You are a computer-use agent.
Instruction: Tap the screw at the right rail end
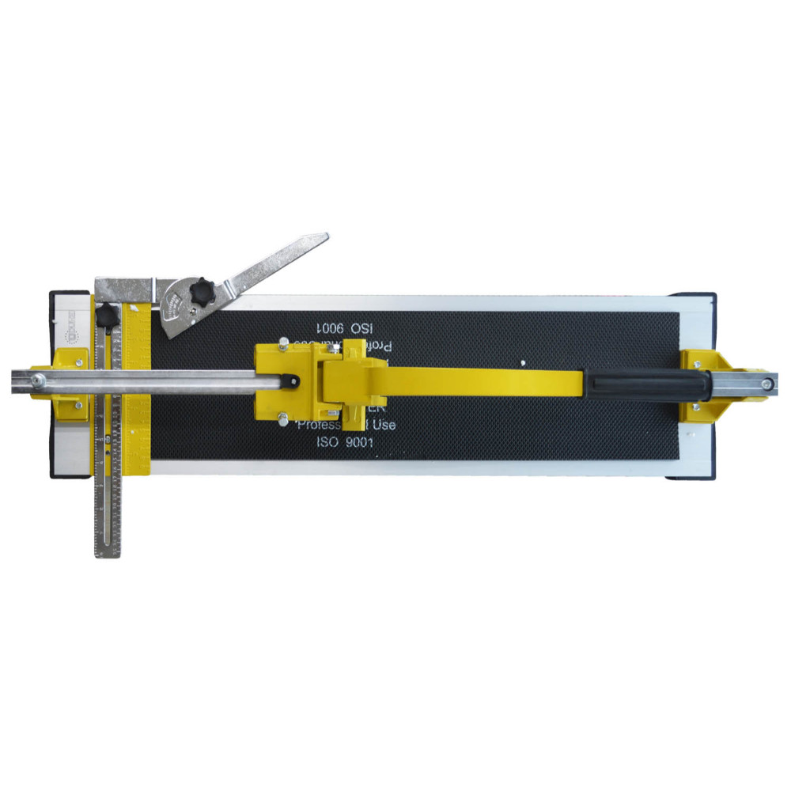766,385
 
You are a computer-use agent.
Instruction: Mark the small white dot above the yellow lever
524,363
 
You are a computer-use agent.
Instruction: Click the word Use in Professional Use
380,426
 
